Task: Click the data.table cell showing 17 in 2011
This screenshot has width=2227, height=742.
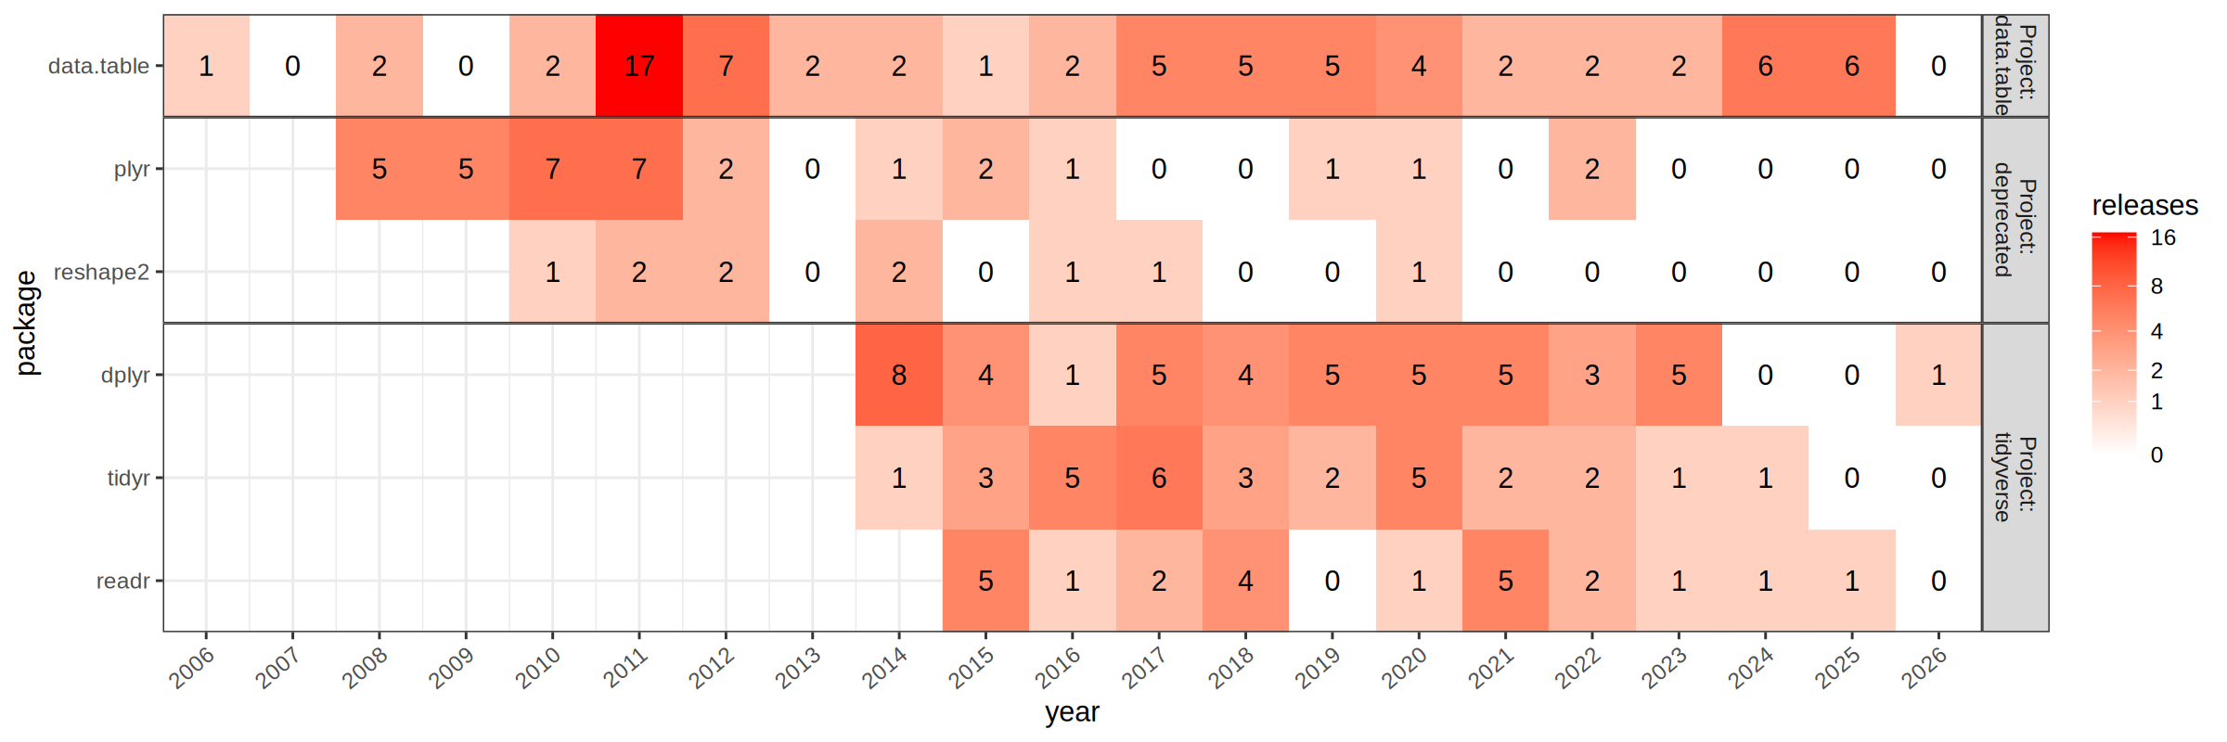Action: (x=639, y=66)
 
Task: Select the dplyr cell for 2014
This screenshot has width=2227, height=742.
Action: (x=899, y=375)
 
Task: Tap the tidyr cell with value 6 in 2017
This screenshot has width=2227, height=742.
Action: (x=1159, y=478)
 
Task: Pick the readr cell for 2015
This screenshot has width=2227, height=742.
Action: (x=985, y=581)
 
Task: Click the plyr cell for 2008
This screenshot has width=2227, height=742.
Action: (x=380, y=169)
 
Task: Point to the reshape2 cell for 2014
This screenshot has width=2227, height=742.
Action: (x=899, y=272)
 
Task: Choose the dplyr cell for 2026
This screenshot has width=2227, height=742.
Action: (x=1938, y=375)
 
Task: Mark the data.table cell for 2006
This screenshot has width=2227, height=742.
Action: (x=206, y=66)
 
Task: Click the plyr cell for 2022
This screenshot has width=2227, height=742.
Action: (x=1592, y=169)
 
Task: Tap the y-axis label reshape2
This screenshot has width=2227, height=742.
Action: (x=101, y=272)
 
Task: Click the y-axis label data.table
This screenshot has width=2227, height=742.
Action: (x=98, y=66)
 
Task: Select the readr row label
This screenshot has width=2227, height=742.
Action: (x=122, y=581)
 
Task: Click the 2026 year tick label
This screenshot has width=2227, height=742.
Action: (x=1924, y=667)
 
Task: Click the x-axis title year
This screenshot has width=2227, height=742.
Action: (x=1072, y=712)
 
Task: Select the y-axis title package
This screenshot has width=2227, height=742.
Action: (x=26, y=323)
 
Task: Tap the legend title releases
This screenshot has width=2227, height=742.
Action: (x=2144, y=205)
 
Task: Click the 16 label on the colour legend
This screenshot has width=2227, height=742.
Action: (x=2163, y=237)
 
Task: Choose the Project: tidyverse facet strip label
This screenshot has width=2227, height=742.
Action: (x=2015, y=478)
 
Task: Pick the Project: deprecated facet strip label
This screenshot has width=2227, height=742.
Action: (x=2015, y=220)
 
